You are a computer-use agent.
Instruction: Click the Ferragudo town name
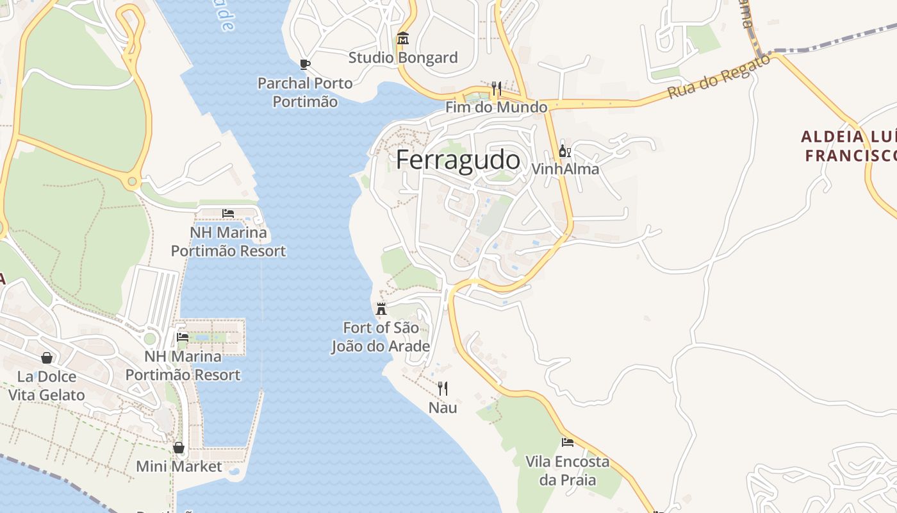(457, 160)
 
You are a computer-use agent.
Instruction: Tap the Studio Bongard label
(403, 58)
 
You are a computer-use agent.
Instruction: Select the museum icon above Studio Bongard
(403, 39)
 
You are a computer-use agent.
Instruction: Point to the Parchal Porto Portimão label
(305, 92)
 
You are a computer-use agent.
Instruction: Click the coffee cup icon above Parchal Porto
(305, 64)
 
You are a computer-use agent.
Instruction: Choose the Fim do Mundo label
(497, 107)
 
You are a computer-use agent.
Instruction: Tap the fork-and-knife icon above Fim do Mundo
(497, 88)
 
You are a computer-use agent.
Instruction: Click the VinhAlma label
(565, 169)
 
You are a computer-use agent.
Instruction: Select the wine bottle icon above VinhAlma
(564, 151)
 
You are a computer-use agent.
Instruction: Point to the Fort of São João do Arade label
(381, 337)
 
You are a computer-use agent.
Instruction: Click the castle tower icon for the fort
(381, 309)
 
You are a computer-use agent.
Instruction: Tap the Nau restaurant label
(443, 407)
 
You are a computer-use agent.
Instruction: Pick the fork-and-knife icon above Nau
(442, 388)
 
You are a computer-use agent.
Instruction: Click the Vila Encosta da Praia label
(568, 471)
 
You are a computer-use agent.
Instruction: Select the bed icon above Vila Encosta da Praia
(568, 442)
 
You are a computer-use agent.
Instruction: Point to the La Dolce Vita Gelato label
(47, 385)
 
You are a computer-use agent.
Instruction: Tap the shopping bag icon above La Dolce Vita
(47, 357)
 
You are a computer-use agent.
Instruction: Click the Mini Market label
(179, 466)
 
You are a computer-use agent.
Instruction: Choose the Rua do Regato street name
(718, 76)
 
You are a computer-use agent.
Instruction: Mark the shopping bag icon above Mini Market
(179, 448)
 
